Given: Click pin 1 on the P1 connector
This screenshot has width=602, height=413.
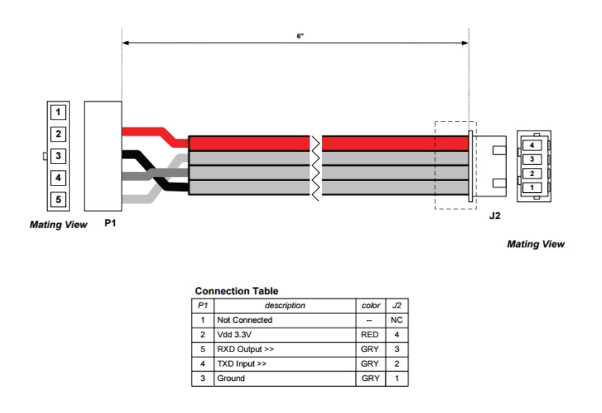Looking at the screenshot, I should (x=58, y=112).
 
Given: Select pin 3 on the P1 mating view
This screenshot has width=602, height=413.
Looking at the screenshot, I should (x=58, y=156).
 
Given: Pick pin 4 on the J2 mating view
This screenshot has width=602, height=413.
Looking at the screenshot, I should (x=532, y=145).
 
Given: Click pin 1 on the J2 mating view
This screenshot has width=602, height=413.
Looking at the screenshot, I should (x=532, y=187).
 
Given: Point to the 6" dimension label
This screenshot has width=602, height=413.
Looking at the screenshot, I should (x=300, y=36).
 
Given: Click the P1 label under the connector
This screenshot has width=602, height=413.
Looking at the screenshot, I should (x=110, y=223).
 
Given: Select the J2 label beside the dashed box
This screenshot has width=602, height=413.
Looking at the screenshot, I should (x=494, y=217).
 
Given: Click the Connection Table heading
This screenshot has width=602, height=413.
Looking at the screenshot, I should (x=236, y=291).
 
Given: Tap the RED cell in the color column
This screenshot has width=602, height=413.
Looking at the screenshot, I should (x=371, y=335).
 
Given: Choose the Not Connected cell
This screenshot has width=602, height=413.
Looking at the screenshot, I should (x=245, y=320).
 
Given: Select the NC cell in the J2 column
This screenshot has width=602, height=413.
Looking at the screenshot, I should (x=396, y=320).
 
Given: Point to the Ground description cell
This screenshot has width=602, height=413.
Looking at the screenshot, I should (x=231, y=379).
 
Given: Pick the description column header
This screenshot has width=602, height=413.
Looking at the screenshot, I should (x=285, y=306).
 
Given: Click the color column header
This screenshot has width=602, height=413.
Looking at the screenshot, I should (x=371, y=306).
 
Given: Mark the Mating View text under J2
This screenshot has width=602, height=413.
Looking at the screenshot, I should (x=535, y=244).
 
